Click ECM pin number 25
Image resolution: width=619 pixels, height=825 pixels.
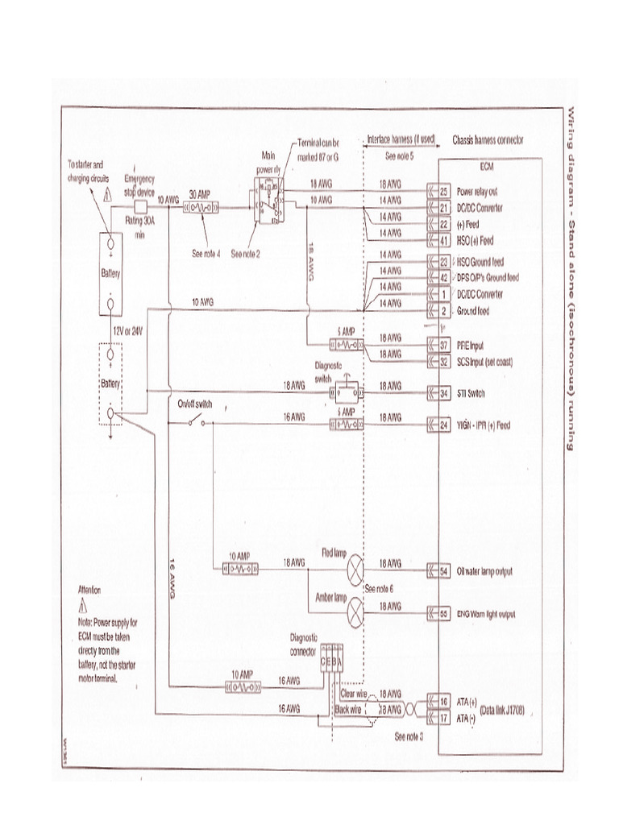(x=443, y=192)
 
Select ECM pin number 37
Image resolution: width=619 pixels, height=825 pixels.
(x=443, y=344)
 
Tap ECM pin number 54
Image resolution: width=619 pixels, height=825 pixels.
(x=443, y=571)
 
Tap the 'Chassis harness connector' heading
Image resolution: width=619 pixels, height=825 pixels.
(x=488, y=139)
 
